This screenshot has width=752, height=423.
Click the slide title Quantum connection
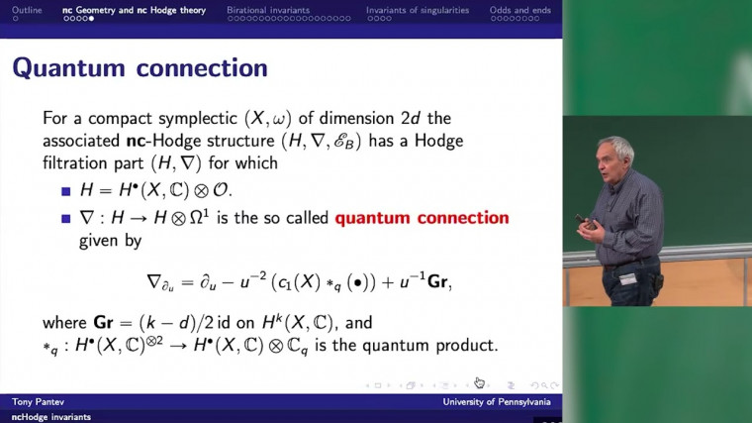tap(140, 68)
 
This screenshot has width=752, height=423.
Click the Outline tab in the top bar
tap(27, 10)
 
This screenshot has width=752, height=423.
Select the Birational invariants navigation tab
tap(267, 10)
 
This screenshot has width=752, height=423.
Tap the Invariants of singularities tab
tap(416, 10)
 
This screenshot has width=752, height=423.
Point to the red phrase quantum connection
tap(422, 218)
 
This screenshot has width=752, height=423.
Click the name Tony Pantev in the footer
tap(39, 403)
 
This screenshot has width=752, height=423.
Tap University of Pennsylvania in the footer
tap(498, 403)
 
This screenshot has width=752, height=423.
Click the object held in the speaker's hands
tap(592, 226)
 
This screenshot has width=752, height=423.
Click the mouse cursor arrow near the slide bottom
tap(479, 382)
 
